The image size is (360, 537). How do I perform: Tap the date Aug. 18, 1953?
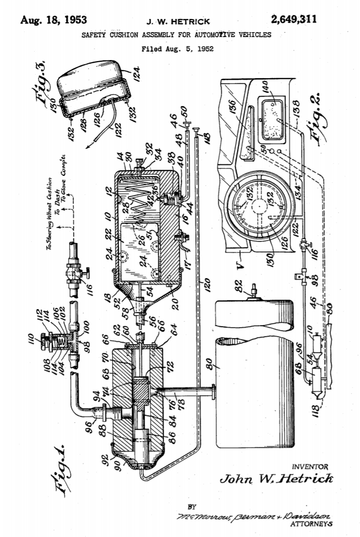[54, 21]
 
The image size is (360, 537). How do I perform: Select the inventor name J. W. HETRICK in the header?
[178, 22]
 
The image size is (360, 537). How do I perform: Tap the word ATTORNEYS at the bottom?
[311, 524]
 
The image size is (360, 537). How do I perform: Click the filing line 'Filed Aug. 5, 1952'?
[177, 49]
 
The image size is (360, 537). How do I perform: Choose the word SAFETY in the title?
[94, 36]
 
